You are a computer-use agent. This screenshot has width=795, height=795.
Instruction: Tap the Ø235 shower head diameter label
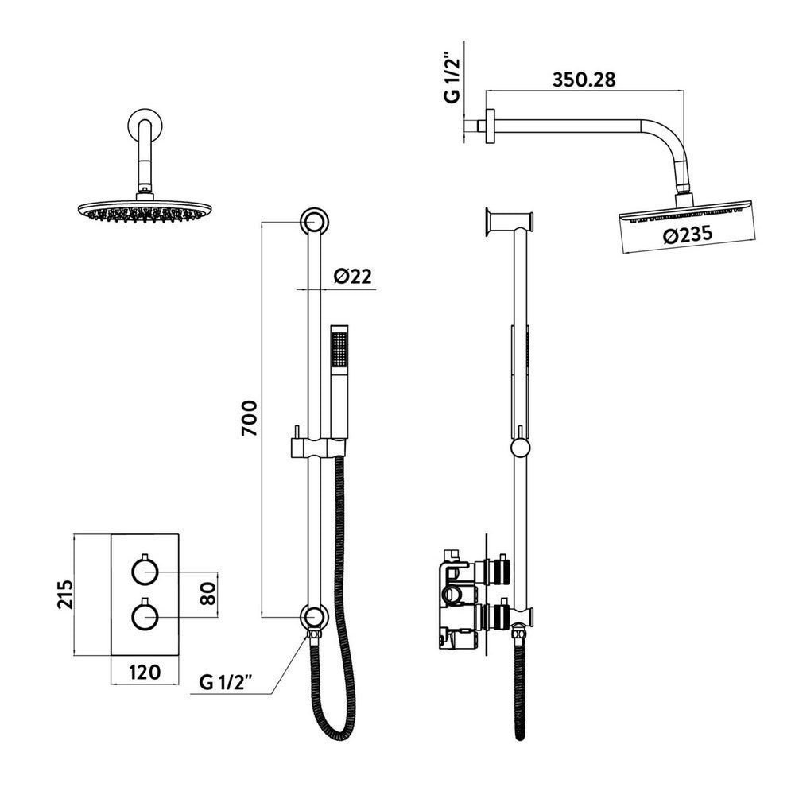(x=684, y=235)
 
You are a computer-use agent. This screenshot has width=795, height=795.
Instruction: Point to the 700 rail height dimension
(x=250, y=417)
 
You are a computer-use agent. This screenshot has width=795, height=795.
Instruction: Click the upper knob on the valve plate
(x=145, y=571)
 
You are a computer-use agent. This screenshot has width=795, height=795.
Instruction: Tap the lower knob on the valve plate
(x=145, y=615)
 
